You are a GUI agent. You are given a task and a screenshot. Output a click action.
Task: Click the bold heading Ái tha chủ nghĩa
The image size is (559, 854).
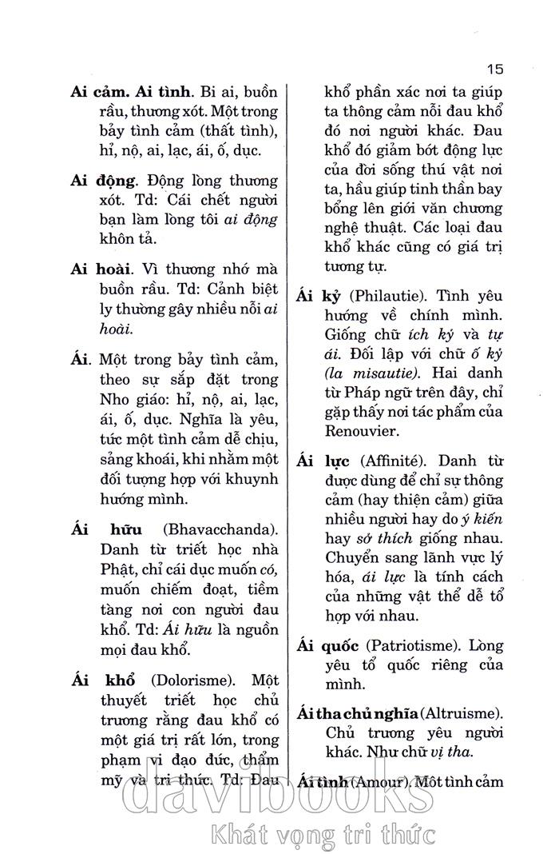pos(356,712)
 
